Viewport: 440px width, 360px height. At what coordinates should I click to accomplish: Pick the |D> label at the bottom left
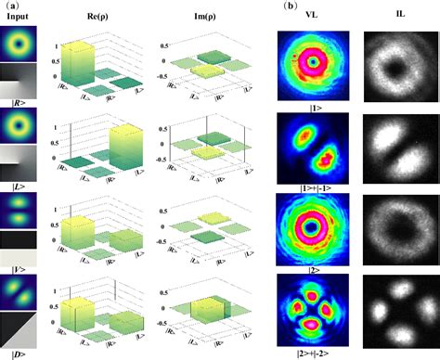tap(18, 354)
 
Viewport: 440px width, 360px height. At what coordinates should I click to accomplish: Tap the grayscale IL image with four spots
tap(399, 310)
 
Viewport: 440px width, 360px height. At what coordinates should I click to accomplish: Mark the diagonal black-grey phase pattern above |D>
tap(18, 329)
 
